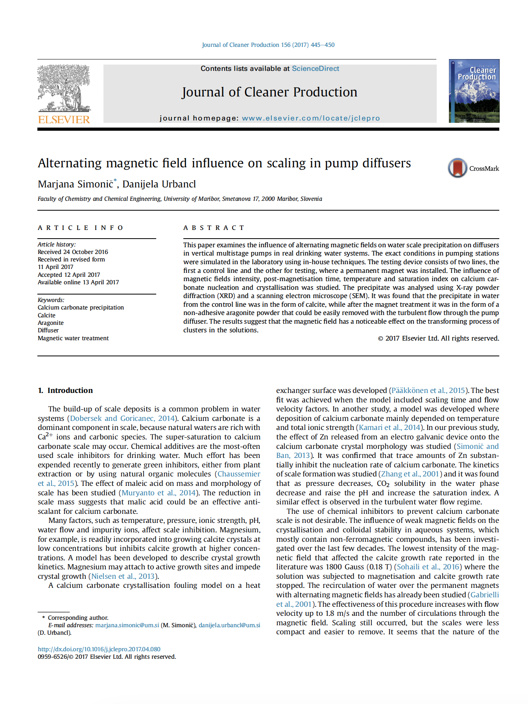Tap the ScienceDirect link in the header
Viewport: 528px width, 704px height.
315,69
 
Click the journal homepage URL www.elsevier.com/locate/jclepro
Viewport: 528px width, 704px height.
311,118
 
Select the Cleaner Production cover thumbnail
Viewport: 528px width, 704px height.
474,91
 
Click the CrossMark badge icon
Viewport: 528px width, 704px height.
457,168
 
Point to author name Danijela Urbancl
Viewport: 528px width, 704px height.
159,184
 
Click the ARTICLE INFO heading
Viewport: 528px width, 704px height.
81,228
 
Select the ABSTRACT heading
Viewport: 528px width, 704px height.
214,228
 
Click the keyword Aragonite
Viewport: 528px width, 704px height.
51,323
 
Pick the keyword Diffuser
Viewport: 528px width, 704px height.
48,330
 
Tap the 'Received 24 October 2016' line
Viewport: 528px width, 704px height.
73,252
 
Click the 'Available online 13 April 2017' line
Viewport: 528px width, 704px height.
78,282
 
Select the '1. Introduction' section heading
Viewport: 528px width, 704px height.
65,391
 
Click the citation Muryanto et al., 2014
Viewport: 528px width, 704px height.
159,493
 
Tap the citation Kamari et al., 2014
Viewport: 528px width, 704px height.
389,428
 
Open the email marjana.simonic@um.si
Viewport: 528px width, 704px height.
127,625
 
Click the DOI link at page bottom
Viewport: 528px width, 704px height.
99,649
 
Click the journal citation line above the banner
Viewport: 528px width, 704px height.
268,45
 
